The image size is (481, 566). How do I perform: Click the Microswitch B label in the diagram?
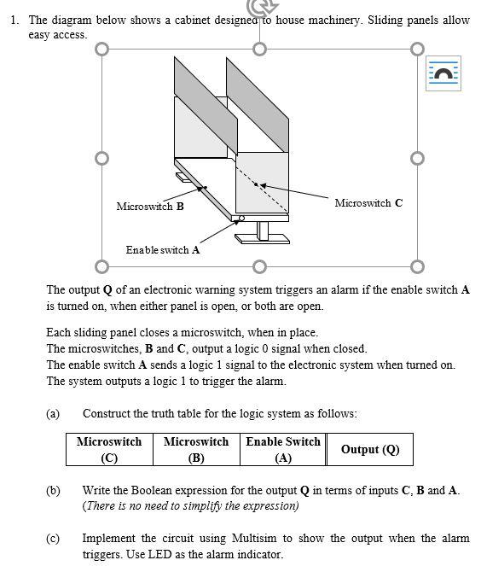(x=150, y=206)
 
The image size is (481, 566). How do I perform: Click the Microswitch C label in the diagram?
(x=368, y=203)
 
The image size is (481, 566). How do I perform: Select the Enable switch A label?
(x=163, y=250)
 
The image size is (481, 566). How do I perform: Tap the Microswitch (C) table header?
(x=109, y=449)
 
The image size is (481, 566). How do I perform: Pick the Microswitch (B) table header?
(x=196, y=449)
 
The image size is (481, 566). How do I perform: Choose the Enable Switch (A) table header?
(x=283, y=449)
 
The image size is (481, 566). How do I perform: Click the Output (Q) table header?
(x=370, y=449)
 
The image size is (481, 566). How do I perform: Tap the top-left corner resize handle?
(x=102, y=50)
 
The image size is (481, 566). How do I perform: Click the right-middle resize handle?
(x=417, y=158)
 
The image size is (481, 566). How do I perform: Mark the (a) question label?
(x=53, y=413)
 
